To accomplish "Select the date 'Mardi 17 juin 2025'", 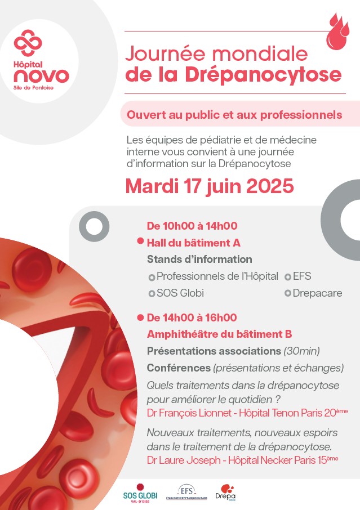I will pyautogui.click(x=210, y=186).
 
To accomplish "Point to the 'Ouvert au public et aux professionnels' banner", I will pyautogui.click(x=234, y=114).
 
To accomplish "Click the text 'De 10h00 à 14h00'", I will pyautogui.click(x=192, y=226).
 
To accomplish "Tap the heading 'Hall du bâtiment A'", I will pyautogui.click(x=194, y=243).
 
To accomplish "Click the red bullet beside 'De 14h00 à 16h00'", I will pyautogui.click(x=140, y=317).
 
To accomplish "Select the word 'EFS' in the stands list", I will pyautogui.click(x=302, y=276).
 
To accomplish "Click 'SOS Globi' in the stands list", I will pyautogui.click(x=180, y=293).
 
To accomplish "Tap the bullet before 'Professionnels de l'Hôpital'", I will pyautogui.click(x=151, y=277).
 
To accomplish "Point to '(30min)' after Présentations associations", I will pyautogui.click(x=301, y=351).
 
